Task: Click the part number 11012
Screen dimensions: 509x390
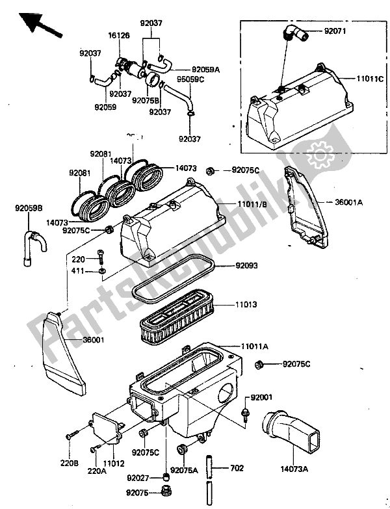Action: (x=115, y=463)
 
